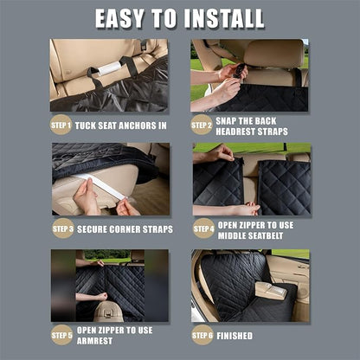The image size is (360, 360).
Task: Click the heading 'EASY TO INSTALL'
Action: (179, 17)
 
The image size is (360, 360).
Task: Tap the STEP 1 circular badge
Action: (61, 125)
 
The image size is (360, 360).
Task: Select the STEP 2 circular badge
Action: (201, 125)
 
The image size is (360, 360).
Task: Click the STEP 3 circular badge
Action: (62, 229)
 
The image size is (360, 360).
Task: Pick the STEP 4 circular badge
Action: (202, 229)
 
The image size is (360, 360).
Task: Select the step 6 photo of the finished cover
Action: (249, 285)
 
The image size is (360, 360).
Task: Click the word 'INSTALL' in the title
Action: (220, 17)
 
